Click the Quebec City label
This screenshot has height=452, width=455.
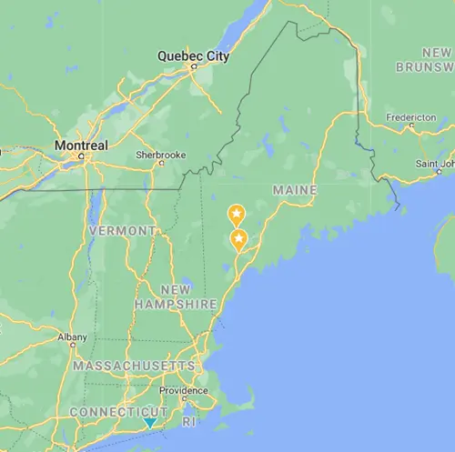click(193, 56)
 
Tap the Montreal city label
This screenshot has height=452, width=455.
click(81, 145)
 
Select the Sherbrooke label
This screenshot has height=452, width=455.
click(161, 155)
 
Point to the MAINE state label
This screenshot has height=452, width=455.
click(294, 190)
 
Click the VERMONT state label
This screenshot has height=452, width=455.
click(122, 231)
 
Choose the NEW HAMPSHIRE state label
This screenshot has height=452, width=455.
click(176, 296)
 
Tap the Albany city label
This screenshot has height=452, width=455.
click(73, 336)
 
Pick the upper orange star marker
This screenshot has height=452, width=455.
click(236, 215)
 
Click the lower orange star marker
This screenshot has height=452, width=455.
click(239, 239)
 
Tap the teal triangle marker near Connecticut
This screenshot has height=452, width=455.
click(149, 423)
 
